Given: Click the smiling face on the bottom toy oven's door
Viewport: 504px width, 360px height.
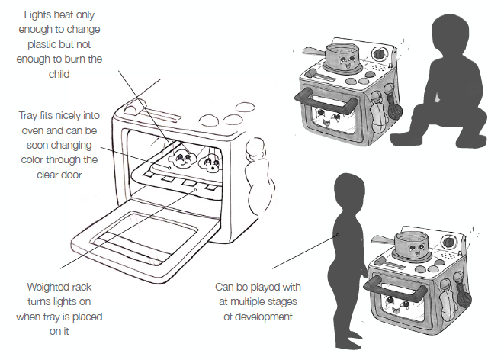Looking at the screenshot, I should click(x=402, y=309).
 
